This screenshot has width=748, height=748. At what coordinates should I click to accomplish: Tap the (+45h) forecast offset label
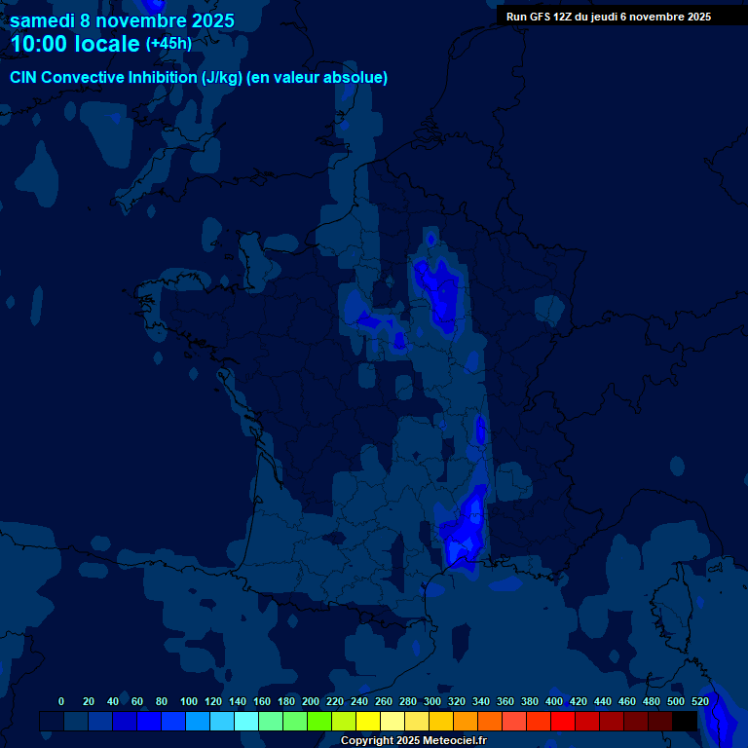point(168,43)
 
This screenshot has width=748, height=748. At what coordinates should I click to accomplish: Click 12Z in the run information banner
point(570,17)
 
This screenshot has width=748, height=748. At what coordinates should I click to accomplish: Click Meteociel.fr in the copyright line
point(455,741)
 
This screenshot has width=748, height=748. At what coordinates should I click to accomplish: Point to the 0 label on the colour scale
point(61,701)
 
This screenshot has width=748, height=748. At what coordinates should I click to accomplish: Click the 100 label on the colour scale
point(189,701)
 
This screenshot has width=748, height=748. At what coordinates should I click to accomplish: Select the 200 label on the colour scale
point(311,701)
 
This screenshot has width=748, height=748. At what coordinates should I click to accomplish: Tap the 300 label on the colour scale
point(432,701)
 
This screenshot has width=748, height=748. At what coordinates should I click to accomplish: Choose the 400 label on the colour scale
point(554,701)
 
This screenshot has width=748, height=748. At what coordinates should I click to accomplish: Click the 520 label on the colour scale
point(700,701)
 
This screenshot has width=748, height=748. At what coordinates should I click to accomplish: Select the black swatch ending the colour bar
point(685,721)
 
